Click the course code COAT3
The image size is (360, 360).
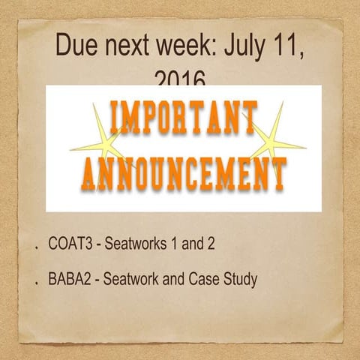[x=67, y=244]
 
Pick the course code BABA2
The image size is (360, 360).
[x=68, y=280]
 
